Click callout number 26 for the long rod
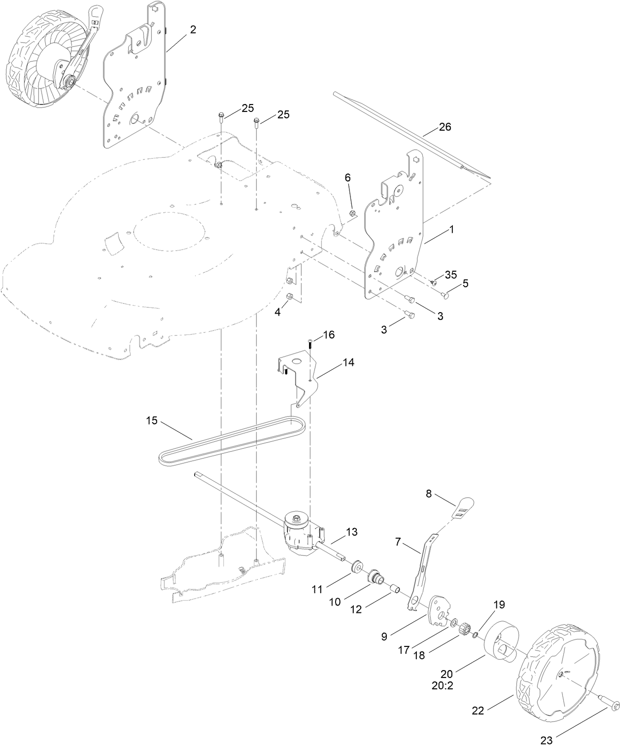click(x=445, y=127)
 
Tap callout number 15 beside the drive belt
click(x=152, y=421)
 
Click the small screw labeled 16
click(x=310, y=344)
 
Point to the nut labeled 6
click(x=352, y=213)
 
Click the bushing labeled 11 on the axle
click(x=354, y=567)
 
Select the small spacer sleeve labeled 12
click(x=394, y=589)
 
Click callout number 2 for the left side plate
click(x=193, y=30)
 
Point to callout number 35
click(x=450, y=275)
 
